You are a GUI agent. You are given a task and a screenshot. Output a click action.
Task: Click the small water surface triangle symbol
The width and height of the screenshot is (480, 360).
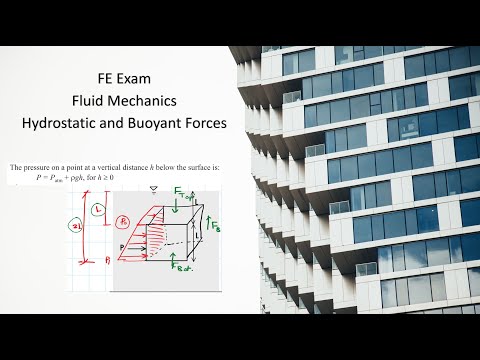[x=153, y=188]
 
